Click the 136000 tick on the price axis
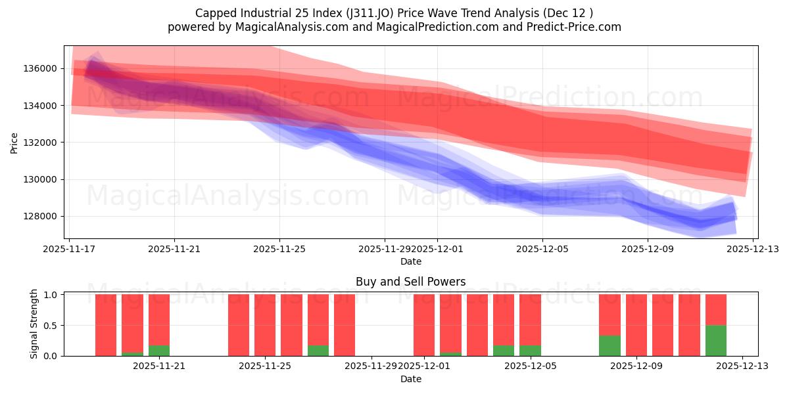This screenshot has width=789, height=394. point(41,68)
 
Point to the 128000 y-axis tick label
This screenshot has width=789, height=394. point(41,216)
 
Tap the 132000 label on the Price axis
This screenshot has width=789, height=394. point(41,142)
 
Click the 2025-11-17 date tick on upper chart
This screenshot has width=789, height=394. point(70,249)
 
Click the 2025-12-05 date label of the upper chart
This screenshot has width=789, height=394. point(542,249)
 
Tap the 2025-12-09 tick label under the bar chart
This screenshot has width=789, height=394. point(637,366)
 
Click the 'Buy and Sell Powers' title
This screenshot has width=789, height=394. point(410,282)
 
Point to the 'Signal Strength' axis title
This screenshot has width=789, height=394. point(34,324)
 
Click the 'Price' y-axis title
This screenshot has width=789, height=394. point(14,142)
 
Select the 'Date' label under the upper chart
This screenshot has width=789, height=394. point(410,261)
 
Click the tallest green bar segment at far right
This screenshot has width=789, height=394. point(715,340)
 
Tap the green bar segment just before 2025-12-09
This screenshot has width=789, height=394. point(610,345)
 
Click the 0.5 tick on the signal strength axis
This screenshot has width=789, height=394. point(50,325)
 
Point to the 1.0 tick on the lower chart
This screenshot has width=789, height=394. point(50,295)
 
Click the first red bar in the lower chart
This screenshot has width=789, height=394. point(106,325)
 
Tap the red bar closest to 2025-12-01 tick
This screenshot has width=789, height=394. point(424,325)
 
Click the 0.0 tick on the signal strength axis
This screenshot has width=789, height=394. point(50,356)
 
